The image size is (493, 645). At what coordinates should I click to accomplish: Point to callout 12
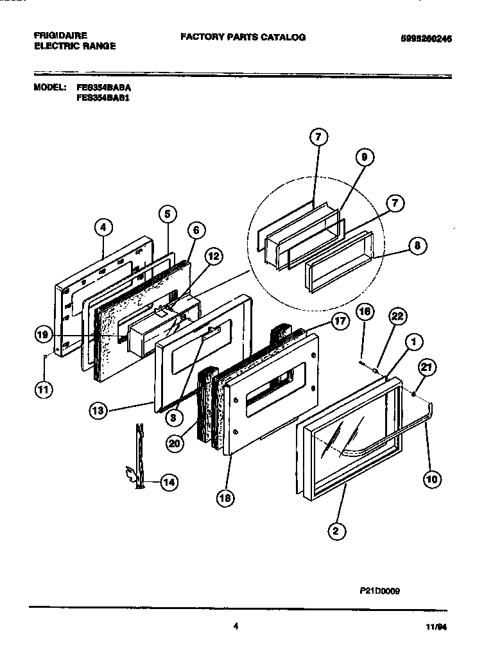tap(213, 256)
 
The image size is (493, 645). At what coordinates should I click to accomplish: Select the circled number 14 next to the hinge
tap(168, 482)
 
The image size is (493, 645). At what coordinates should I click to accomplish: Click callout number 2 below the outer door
tap(334, 530)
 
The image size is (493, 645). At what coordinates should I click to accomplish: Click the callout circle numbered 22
tap(398, 315)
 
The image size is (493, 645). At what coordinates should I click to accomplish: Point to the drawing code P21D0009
tap(379, 594)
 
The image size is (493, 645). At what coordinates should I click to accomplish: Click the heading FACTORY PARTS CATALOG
tap(243, 37)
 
